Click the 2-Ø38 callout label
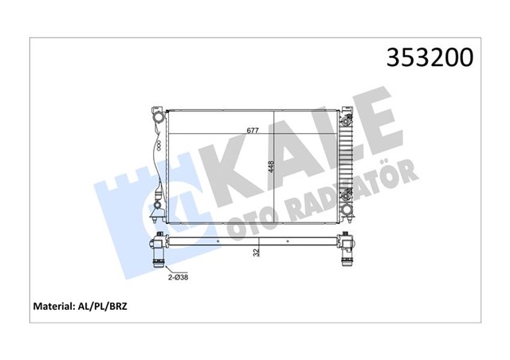(177, 276)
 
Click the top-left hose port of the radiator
(159, 120)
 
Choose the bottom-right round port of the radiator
(347, 211)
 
